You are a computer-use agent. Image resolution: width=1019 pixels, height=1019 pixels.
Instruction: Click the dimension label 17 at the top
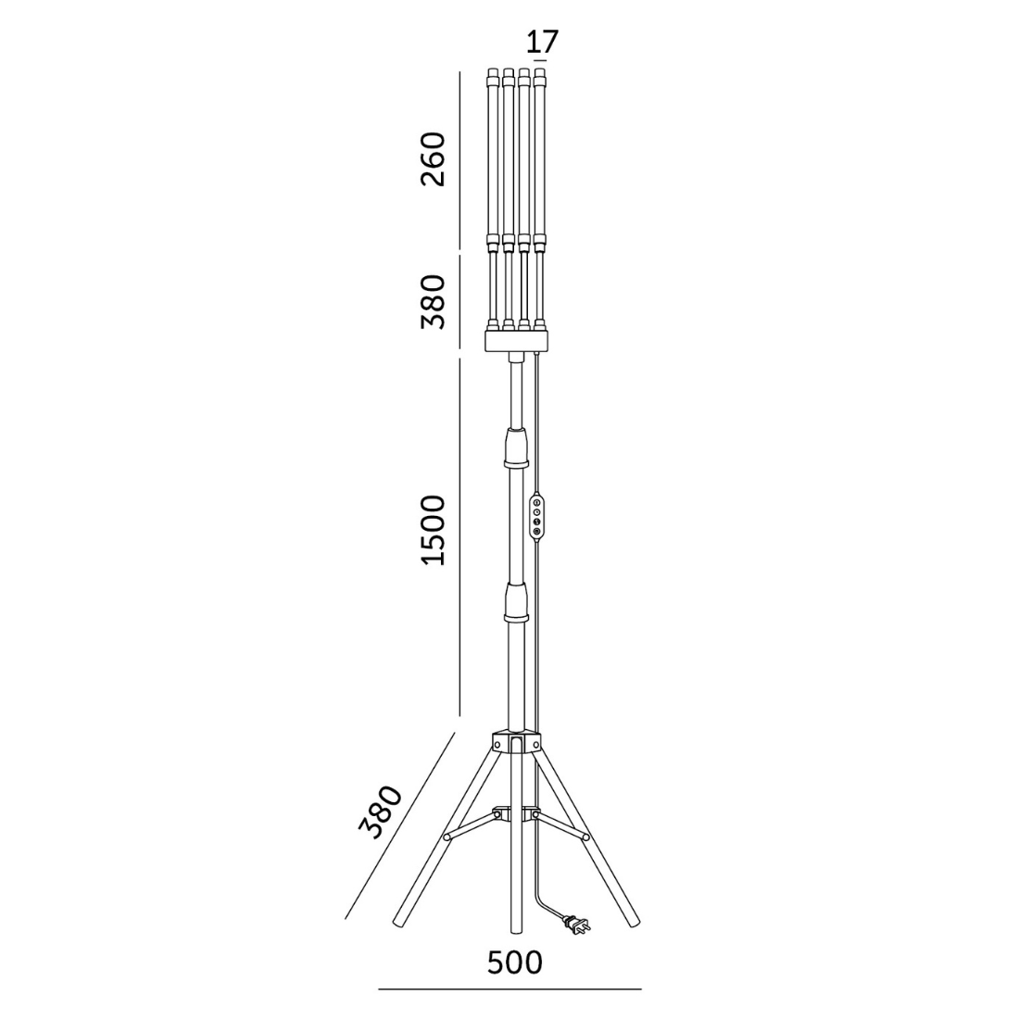(542, 43)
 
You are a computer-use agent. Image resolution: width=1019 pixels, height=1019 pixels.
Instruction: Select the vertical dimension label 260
(434, 159)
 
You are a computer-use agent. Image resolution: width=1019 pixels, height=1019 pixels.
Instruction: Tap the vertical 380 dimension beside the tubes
(434, 302)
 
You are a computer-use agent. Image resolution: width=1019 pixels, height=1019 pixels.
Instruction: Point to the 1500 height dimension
(434, 530)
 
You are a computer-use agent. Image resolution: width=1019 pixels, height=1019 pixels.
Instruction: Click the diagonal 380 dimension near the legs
(382, 812)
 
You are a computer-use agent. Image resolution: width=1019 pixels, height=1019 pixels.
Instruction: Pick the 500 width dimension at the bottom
(515, 962)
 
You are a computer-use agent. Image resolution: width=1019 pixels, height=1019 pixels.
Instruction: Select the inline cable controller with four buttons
(536, 516)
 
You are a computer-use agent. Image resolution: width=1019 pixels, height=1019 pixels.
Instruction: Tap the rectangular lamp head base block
(517, 341)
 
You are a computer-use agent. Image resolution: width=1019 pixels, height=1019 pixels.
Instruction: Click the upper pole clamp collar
(516, 448)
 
